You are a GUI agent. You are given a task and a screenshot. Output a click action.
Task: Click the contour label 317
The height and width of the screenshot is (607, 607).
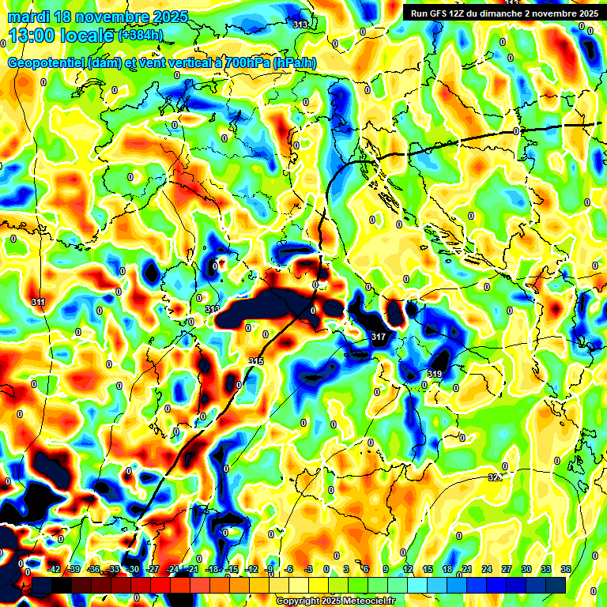tap(378, 337)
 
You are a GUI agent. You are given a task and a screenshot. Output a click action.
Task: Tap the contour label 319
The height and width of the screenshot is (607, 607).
tap(435, 374)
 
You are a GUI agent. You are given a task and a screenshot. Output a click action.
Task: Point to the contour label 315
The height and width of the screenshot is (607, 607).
tap(256, 361)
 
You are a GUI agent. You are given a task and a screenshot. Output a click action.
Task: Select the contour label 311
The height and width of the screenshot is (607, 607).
tap(38, 303)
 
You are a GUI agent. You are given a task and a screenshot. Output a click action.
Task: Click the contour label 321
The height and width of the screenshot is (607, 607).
tap(495, 477)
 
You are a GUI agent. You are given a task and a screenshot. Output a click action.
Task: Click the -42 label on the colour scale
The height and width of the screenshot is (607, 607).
tap(55, 569)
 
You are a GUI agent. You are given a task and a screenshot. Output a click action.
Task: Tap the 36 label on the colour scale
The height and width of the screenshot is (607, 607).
tap(565, 569)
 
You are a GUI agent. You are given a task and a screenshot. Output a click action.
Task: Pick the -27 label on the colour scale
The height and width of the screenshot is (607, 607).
tap(153, 569)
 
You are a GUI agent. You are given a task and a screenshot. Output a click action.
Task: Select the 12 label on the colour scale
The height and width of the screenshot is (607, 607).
tap(408, 569)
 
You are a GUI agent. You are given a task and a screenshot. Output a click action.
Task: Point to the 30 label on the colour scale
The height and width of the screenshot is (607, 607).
tap(526, 569)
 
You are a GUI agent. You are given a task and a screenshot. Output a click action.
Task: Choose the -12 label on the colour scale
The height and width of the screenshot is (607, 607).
tap(251, 569)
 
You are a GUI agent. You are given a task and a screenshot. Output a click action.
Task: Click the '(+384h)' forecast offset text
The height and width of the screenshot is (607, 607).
tap(142, 36)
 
